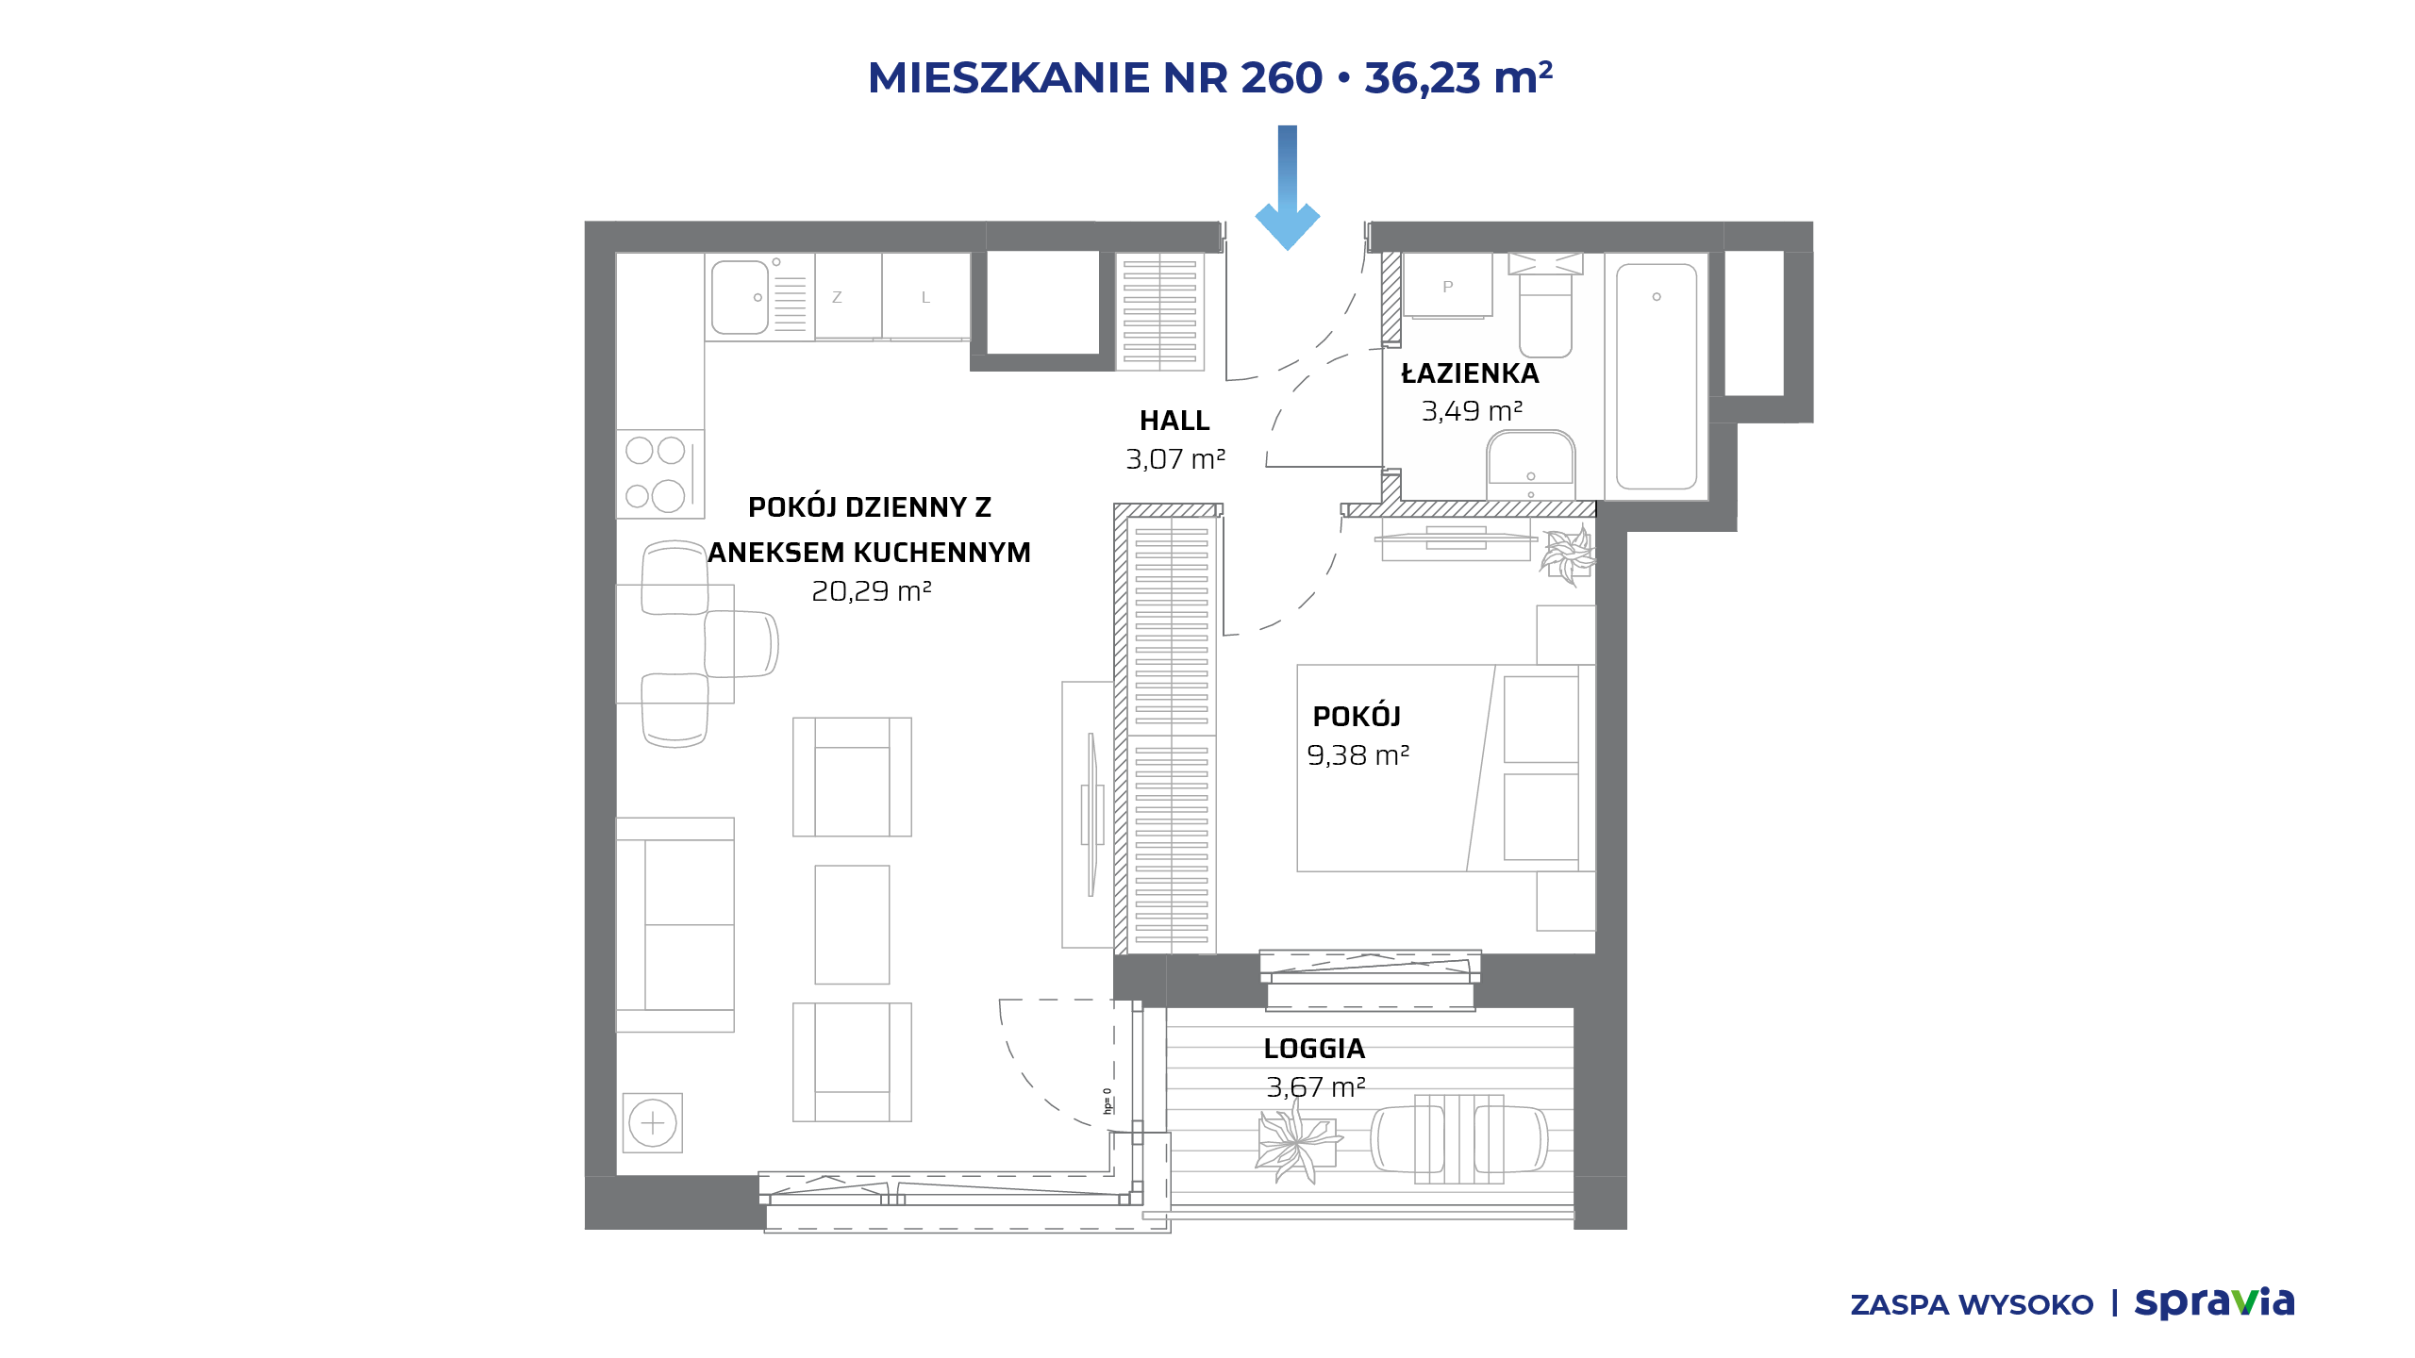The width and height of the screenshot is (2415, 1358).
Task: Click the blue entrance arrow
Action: pyautogui.click(x=1288, y=187)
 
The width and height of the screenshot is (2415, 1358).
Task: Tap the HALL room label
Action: pyautogui.click(x=1174, y=421)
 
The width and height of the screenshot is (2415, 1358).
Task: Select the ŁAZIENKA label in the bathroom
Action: pyautogui.click(x=1470, y=373)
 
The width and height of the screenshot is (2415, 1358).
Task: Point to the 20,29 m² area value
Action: pyautogui.click(x=872, y=591)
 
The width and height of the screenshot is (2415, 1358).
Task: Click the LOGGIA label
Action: pyautogui.click(x=1314, y=1049)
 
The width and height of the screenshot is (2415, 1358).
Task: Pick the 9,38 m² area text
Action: pyautogui.click(x=1358, y=755)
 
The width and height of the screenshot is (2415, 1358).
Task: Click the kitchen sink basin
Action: pyautogui.click(x=740, y=297)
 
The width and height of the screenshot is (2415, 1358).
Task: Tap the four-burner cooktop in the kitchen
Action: pyautogui.click(x=660, y=474)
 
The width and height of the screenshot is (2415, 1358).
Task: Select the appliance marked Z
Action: pyautogui.click(x=848, y=296)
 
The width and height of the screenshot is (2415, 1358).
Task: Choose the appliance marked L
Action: pyautogui.click(x=926, y=296)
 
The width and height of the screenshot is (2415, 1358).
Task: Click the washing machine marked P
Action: pyautogui.click(x=1448, y=286)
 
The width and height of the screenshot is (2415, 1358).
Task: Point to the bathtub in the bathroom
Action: pyautogui.click(x=1657, y=376)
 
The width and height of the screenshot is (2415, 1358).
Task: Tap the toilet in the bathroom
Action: pyautogui.click(x=1545, y=305)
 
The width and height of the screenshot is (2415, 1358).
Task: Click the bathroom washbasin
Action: pyautogui.click(x=1531, y=465)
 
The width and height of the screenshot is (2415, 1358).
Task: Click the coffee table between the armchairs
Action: pyautogui.click(x=852, y=925)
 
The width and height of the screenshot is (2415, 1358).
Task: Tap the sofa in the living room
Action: pyautogui.click(x=675, y=925)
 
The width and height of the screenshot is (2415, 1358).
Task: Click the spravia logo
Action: pyautogui.click(x=2215, y=1302)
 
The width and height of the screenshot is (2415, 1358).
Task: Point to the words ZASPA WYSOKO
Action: pyautogui.click(x=1972, y=1305)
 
